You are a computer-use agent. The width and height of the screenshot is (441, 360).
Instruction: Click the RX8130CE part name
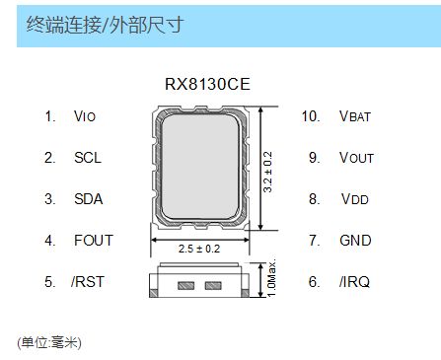click(x=207, y=85)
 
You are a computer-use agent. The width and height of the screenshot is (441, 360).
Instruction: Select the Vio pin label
click(x=86, y=116)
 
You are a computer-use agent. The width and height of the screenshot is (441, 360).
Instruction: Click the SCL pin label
click(x=87, y=158)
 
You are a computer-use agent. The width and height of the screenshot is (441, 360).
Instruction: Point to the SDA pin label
click(x=88, y=199)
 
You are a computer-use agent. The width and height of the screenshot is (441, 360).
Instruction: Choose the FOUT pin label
click(x=93, y=241)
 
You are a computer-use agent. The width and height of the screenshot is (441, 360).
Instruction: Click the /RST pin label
click(x=87, y=282)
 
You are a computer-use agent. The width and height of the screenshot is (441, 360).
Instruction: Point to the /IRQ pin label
click(x=355, y=282)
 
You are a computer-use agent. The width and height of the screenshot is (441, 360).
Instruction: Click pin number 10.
click(x=310, y=116)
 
